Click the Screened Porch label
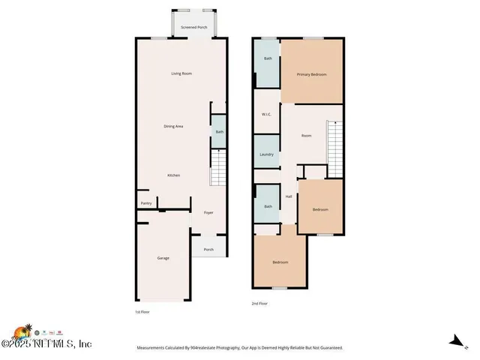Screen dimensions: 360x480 pyautogui.click(x=194, y=27)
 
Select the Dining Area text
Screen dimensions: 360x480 pyautogui.click(x=174, y=126)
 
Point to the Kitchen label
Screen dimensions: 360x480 pyautogui.click(x=173, y=175)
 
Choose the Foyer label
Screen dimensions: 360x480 pyautogui.click(x=208, y=212)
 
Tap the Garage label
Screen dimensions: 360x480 pyautogui.click(x=163, y=258)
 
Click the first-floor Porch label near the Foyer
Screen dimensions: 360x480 pyautogui.click(x=208, y=250)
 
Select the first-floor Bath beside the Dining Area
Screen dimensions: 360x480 pyautogui.click(x=219, y=132)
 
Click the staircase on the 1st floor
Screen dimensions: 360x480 pyautogui.click(x=217, y=168)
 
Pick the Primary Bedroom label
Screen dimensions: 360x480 pyautogui.click(x=311, y=74)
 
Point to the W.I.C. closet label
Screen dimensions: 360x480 pyautogui.click(x=266, y=114)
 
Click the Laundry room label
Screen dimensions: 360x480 pyautogui.click(x=266, y=154)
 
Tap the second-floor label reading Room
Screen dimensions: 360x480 pyautogui.click(x=306, y=136)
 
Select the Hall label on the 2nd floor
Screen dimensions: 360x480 pyautogui.click(x=289, y=196)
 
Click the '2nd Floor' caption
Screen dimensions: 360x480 pyautogui.click(x=259, y=304)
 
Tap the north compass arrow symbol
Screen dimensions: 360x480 pyautogui.click(x=454, y=341)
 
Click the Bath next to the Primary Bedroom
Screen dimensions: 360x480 pyautogui.click(x=267, y=58)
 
